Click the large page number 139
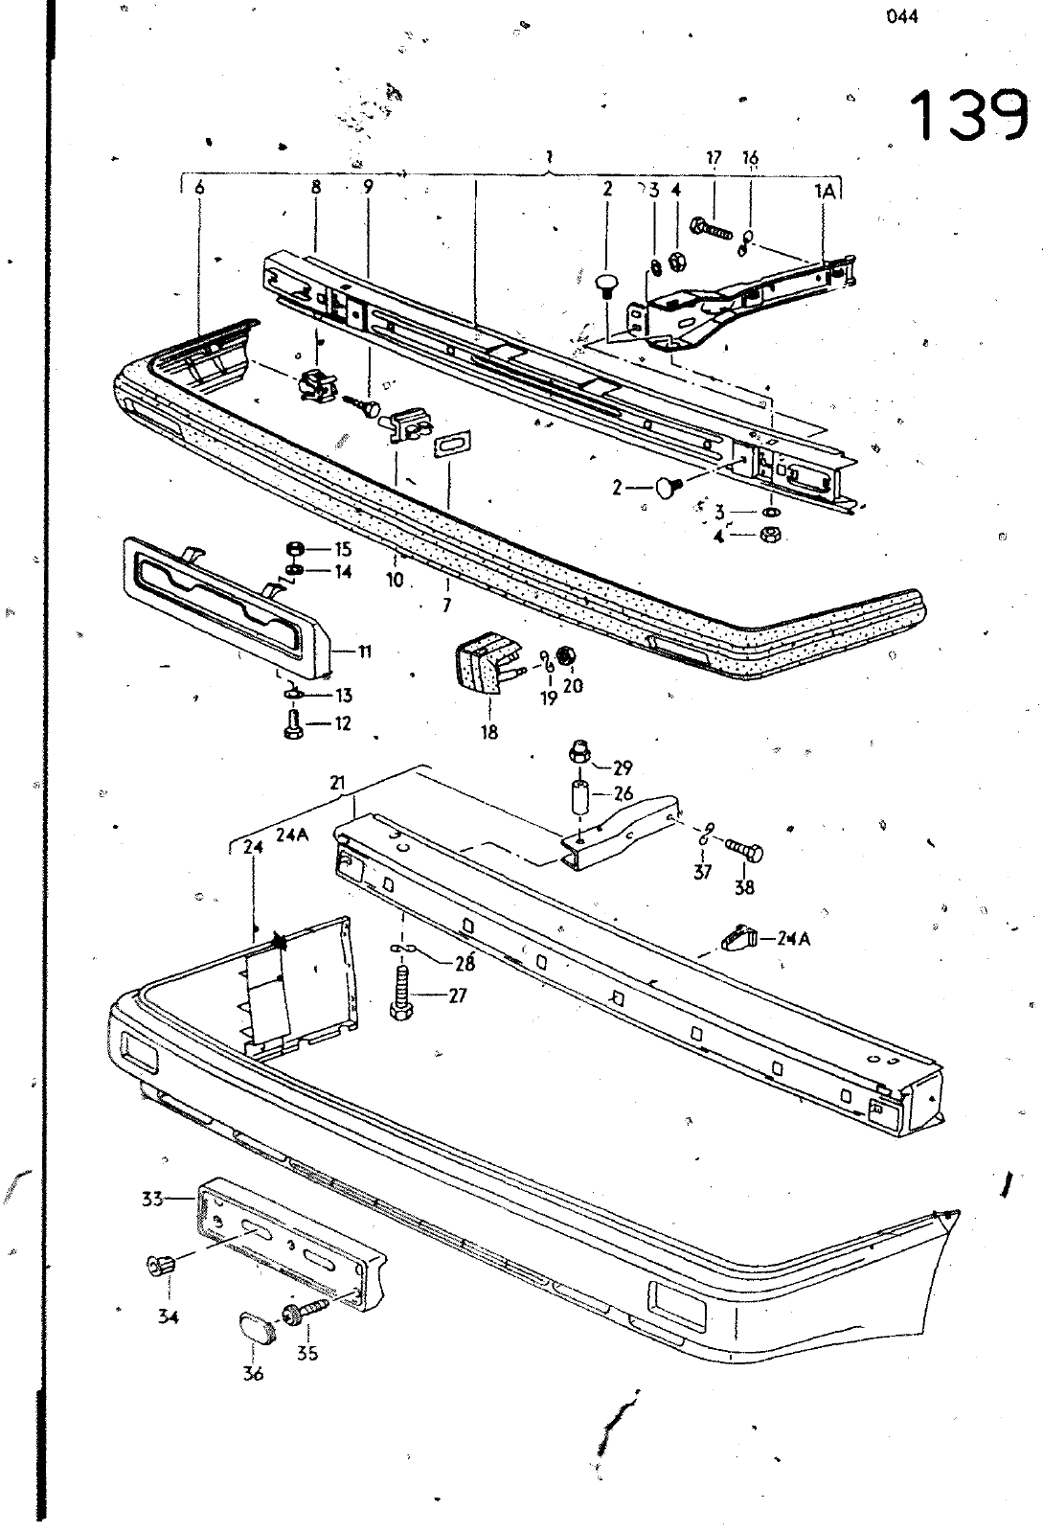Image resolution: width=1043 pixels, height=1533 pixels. point(970,115)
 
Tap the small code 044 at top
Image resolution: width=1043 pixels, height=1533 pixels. point(901,17)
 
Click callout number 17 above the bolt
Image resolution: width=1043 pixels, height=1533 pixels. point(714,159)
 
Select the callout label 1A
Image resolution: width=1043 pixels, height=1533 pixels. point(826,193)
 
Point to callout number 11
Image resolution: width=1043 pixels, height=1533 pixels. point(365,651)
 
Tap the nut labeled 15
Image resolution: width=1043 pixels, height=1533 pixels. point(295,549)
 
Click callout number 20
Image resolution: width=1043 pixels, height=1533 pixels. point(573,685)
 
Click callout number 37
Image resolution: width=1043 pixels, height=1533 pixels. point(702,872)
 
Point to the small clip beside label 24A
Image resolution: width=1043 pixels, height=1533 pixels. point(738,937)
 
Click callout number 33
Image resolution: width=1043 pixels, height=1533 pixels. point(152,1199)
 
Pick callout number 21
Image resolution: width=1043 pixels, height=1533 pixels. point(338,783)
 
